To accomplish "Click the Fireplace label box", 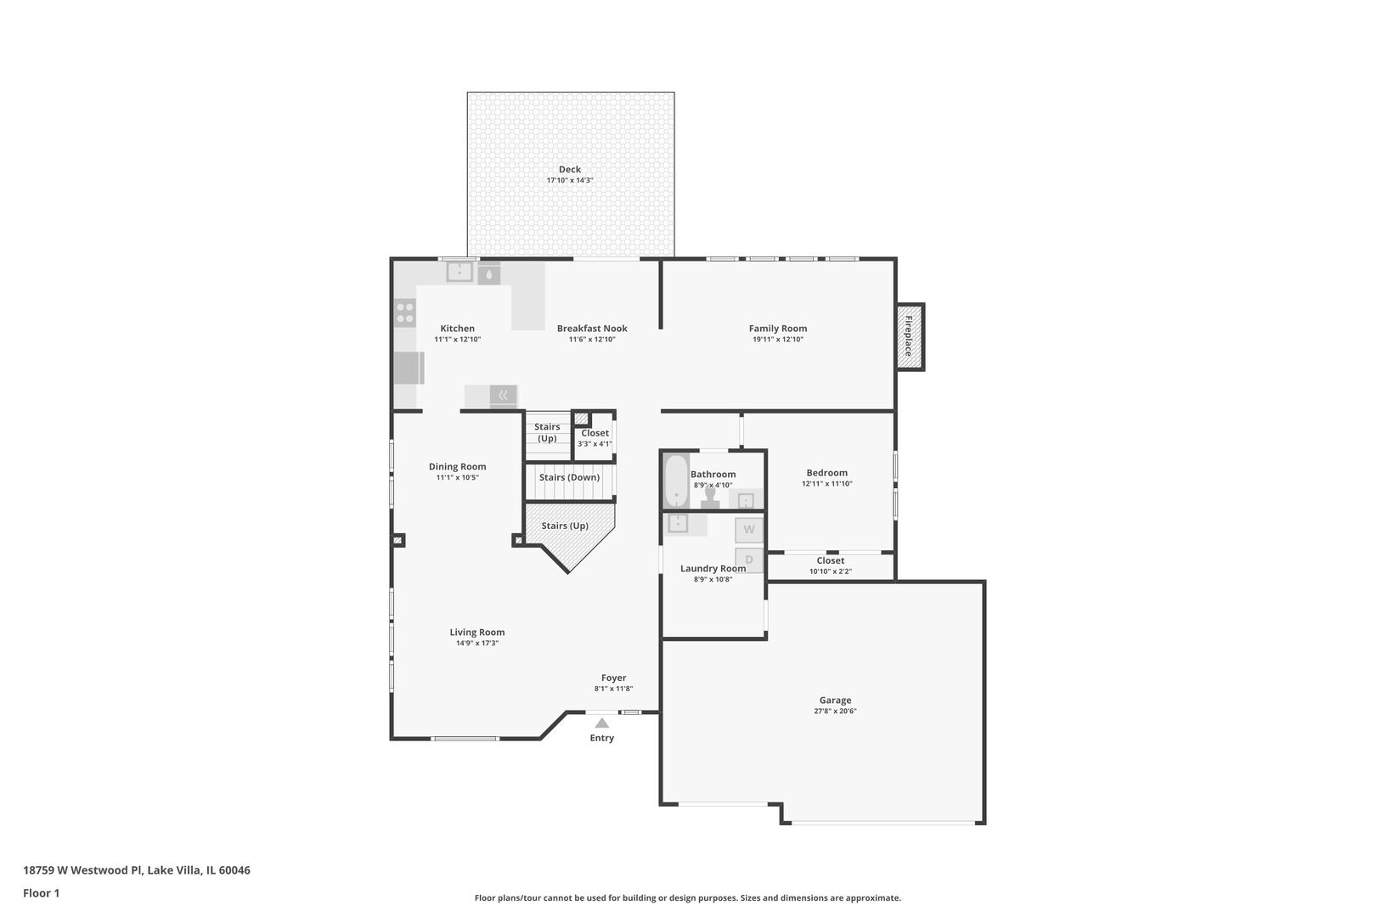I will [x=910, y=336].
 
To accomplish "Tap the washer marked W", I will [x=749, y=530].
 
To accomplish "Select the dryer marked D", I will [x=749, y=560].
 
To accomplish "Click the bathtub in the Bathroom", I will [x=675, y=481].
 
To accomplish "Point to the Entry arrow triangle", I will [x=601, y=723].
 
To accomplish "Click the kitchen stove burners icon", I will [x=405, y=312].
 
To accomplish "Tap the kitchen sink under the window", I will [x=460, y=272].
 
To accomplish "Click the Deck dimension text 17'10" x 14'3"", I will [x=570, y=181].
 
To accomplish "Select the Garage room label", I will [x=835, y=700].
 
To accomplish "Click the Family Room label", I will [x=777, y=329].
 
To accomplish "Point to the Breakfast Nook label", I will [x=592, y=329].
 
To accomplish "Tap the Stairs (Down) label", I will [x=569, y=477].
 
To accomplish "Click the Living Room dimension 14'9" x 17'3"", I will [x=477, y=644].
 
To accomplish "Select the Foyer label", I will [x=613, y=678].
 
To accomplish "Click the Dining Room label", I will [x=457, y=466].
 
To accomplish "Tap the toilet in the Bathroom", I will [x=710, y=498].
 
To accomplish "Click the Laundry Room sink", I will [x=678, y=523].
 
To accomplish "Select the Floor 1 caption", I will [x=41, y=893].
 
